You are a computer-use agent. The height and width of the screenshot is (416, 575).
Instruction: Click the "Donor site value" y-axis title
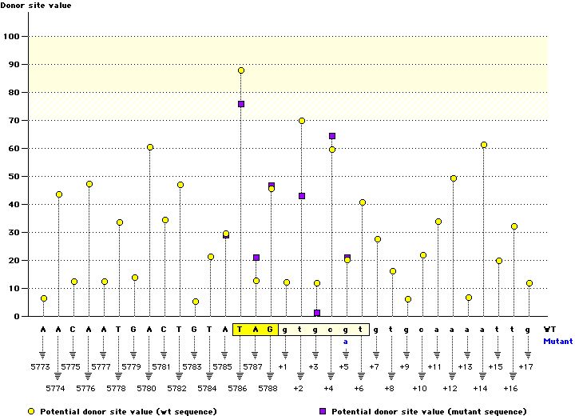36,6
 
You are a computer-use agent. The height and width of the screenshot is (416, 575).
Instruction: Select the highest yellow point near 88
241,71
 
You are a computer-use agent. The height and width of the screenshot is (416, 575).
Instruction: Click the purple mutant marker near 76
241,104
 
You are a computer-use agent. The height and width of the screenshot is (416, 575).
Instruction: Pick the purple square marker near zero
317,313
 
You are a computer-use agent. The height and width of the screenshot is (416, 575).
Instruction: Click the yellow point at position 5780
150,147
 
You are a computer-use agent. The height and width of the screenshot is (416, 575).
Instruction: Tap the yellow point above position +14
484,145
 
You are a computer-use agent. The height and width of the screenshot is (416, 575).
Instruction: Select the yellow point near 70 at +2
302,121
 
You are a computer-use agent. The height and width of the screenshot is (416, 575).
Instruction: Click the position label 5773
44,366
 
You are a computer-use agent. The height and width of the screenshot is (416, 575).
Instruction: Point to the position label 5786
241,388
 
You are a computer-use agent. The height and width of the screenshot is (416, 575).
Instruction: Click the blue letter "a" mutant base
347,341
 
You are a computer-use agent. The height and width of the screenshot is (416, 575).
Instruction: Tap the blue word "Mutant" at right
557,341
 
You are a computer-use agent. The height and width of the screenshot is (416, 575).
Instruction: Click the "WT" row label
550,329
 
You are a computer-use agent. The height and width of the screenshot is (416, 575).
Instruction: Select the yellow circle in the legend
31,411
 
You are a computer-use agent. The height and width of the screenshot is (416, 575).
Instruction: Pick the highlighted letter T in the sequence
241,329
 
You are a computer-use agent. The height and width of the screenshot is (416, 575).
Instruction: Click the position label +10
420,388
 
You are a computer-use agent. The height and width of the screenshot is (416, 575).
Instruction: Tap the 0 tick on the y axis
18,317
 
